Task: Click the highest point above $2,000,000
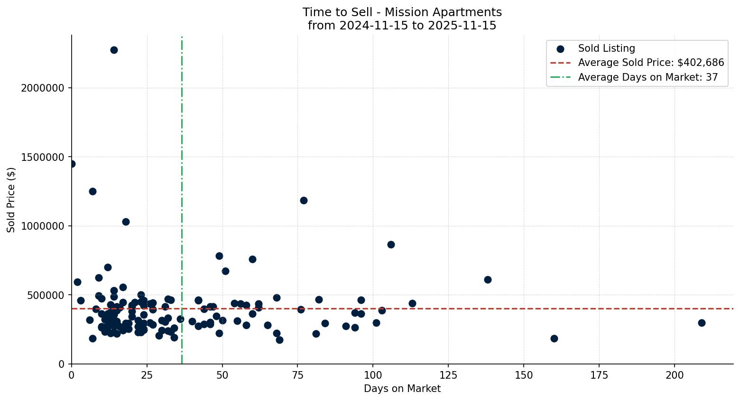[x=114, y=50]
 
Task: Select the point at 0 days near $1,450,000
[x=72, y=164]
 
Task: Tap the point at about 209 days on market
[x=702, y=323]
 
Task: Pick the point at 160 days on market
[x=554, y=338]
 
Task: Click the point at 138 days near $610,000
[x=488, y=280]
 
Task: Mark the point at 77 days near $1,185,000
[x=304, y=200]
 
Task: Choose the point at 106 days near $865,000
[x=391, y=244]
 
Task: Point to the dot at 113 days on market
[x=412, y=303]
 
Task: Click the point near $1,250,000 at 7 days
[x=92, y=191]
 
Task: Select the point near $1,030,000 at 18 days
[x=126, y=222]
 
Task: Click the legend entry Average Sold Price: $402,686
[x=651, y=63]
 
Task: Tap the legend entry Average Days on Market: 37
[x=647, y=77]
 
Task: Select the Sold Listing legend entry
[x=606, y=48]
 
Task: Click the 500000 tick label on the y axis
[x=49, y=295]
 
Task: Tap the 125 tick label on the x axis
[x=448, y=375]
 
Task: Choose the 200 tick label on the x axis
[x=675, y=375]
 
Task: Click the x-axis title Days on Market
[x=402, y=389]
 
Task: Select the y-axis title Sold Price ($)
[x=11, y=200]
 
